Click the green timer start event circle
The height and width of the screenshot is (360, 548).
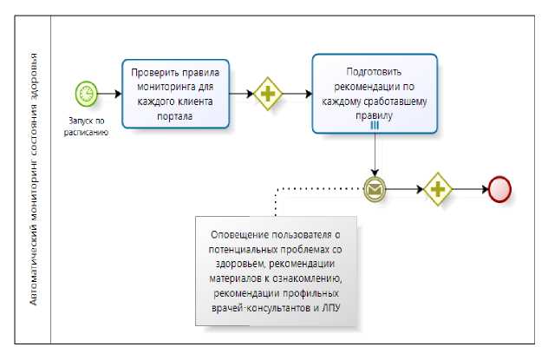[x=86, y=92]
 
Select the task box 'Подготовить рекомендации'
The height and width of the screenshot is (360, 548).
[x=374, y=93]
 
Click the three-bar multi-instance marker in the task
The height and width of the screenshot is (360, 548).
[x=375, y=125]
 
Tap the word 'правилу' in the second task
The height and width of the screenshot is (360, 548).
[x=374, y=114]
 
